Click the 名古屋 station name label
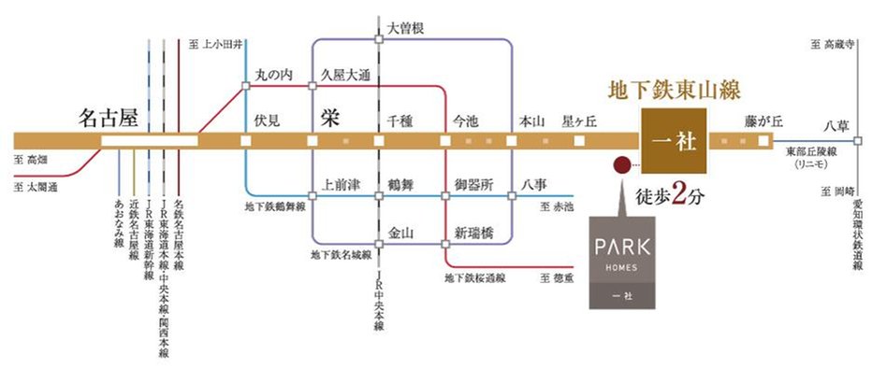point(109,120)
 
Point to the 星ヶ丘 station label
point(578,121)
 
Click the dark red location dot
point(620,165)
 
